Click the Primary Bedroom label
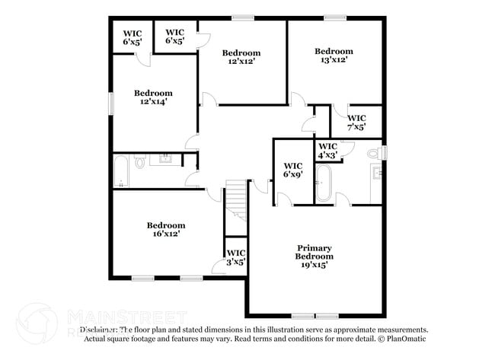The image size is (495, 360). click(x=314, y=252)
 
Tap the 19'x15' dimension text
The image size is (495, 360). click(x=314, y=265)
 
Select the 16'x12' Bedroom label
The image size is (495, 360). click(x=166, y=229)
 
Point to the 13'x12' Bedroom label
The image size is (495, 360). click(x=334, y=56)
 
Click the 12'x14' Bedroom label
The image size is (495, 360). click(x=153, y=97)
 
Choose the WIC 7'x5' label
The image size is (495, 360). click(x=356, y=123)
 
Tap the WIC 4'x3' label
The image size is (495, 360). click(x=328, y=150)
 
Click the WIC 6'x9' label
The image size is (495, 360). click(x=293, y=170)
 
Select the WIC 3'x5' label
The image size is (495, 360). click(x=235, y=257)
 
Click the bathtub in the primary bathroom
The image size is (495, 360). click(x=324, y=183)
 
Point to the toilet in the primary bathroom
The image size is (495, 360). click(x=373, y=154)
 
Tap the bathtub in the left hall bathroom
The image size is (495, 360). click(x=121, y=171)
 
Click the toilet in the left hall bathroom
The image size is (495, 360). click(x=140, y=162)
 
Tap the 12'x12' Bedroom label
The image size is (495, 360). click(x=241, y=57)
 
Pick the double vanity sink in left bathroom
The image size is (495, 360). click(x=164, y=160)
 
